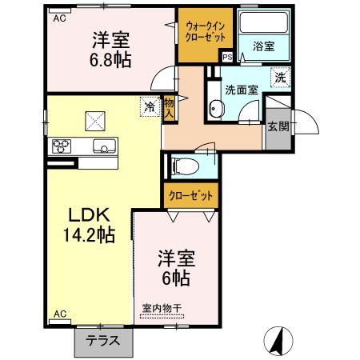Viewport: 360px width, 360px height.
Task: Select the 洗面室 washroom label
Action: point(242,90)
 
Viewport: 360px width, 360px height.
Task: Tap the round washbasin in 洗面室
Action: point(215,110)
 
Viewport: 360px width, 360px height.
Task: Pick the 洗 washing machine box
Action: point(280,78)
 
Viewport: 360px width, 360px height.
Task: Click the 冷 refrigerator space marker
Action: point(149,105)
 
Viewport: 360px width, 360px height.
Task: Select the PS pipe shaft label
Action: point(227,58)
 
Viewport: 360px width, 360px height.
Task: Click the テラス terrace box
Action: point(103,339)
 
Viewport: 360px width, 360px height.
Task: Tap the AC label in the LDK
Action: point(59,314)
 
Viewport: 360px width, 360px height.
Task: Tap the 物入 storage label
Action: point(170,107)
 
